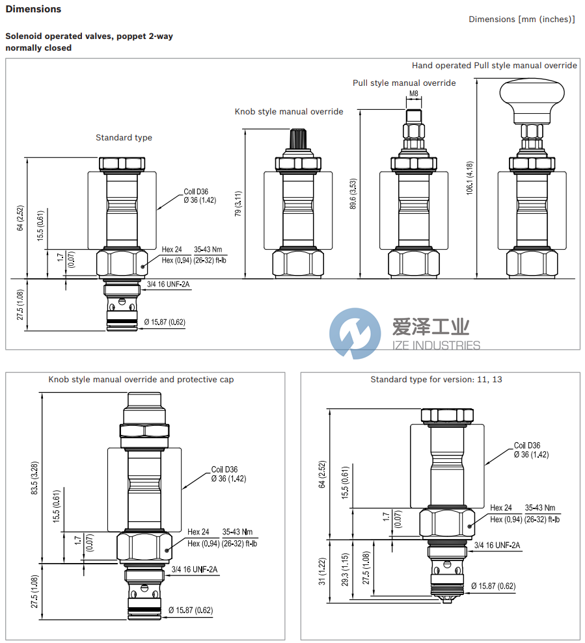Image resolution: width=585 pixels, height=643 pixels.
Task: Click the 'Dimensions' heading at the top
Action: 33,9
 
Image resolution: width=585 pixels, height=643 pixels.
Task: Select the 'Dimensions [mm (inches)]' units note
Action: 521,20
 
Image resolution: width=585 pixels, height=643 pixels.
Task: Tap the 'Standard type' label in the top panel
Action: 124,137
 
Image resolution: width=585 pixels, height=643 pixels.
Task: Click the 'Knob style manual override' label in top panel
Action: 288,112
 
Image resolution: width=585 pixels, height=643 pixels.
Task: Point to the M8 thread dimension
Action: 413,94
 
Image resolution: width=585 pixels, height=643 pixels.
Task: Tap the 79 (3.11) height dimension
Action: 238,203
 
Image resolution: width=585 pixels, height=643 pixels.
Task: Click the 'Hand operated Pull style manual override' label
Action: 494,65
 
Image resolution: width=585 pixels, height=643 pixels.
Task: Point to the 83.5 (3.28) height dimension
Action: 34,479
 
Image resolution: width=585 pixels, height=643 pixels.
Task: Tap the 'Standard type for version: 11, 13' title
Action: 436,379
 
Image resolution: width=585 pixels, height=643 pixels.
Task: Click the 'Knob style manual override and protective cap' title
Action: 141,379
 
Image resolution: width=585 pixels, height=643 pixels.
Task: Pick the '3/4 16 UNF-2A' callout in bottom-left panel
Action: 194,570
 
